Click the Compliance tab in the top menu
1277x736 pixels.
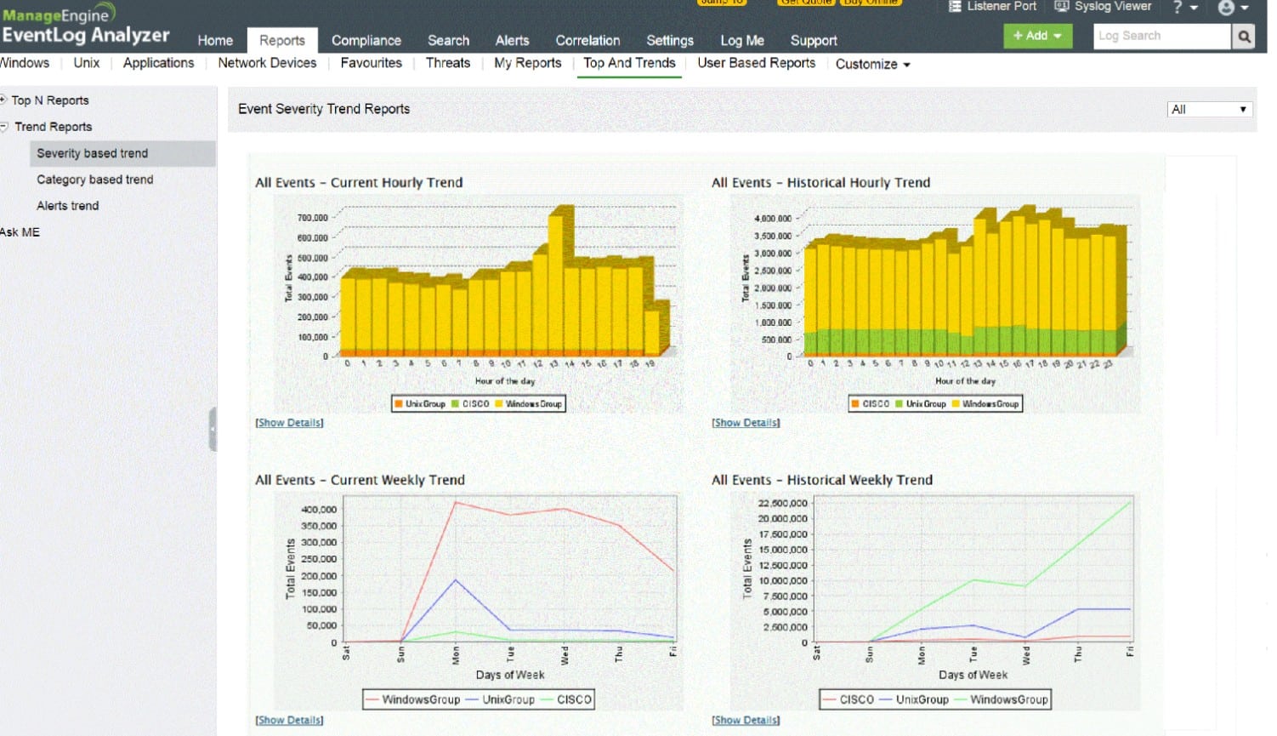366,40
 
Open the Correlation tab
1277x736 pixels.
587,40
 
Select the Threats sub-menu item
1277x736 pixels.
447,63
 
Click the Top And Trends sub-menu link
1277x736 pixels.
629,63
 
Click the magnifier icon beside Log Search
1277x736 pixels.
1244,36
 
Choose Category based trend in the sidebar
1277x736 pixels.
94,180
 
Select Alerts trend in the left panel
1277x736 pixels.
67,206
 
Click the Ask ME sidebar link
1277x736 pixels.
20,232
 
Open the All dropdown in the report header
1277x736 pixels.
1208,109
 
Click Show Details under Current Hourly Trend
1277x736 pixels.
289,423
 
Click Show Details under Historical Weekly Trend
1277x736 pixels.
746,720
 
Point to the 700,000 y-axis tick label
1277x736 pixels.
312,218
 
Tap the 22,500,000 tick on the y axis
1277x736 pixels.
782,503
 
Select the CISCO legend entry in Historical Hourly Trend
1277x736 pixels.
871,403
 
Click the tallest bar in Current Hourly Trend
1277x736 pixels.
557,281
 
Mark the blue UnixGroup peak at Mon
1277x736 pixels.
456,580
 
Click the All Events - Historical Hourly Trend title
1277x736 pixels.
820,182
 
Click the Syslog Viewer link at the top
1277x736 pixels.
1104,7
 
